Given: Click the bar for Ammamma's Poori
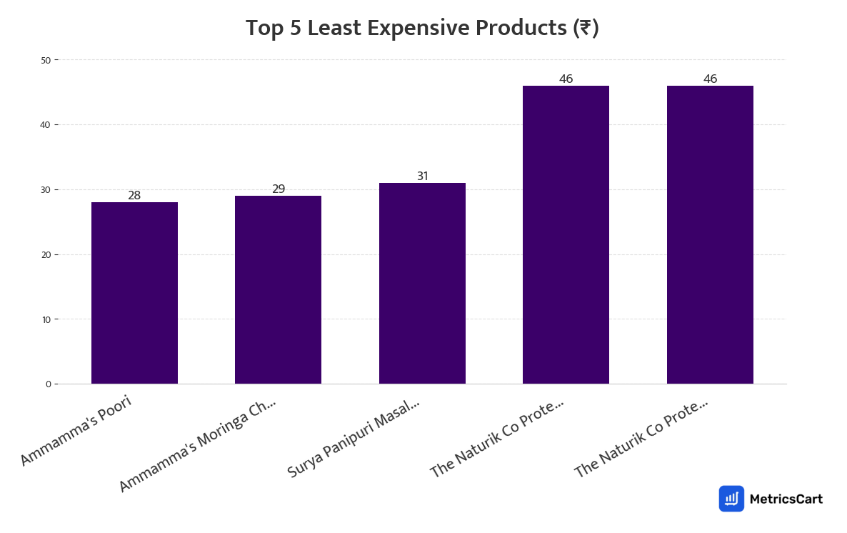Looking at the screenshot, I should (134, 293).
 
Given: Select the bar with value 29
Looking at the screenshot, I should (278, 289).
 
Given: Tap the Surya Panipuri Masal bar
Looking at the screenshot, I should (422, 283).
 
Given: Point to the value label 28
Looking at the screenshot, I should (134, 195).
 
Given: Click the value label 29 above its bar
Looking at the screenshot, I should (279, 189).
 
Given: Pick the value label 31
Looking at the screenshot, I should (423, 176).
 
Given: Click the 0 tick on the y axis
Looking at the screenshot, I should (48, 384).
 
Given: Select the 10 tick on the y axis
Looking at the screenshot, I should (46, 319).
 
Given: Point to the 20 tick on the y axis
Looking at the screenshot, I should (46, 254).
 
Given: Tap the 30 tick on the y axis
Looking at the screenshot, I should (46, 190).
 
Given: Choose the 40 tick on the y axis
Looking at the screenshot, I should (46, 125).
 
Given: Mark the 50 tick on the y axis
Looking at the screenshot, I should (46, 60).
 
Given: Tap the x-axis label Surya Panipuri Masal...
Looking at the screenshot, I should (354, 438).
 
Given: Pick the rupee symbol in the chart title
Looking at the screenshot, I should (586, 29).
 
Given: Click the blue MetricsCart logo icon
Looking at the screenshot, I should (731, 499).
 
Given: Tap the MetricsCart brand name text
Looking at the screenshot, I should (786, 499).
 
